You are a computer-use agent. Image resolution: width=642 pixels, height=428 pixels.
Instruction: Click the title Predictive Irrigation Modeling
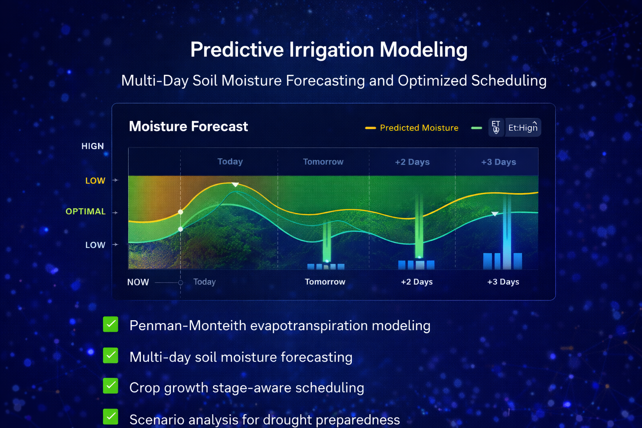point(329,50)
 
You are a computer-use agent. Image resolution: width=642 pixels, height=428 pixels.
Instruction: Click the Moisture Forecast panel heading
point(188,126)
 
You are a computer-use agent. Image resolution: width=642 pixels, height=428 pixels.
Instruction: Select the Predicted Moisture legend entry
point(418,128)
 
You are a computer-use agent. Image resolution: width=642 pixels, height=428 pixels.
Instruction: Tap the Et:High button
point(522,128)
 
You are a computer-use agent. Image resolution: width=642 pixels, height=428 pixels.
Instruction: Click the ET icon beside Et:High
point(496,127)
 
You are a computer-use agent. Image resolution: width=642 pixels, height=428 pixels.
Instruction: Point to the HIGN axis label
point(92,146)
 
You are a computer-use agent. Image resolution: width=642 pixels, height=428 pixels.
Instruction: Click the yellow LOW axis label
point(95,181)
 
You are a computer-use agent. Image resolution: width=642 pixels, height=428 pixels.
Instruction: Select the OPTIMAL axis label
point(85,211)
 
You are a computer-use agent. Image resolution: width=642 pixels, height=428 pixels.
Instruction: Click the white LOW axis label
point(95,245)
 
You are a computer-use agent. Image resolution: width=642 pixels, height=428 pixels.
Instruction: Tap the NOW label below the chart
point(138,282)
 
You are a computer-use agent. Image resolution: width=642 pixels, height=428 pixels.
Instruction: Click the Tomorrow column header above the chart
point(323,162)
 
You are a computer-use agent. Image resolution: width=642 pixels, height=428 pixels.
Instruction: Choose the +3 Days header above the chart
point(498,162)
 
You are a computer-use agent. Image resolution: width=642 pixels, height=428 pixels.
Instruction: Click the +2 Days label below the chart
point(416,282)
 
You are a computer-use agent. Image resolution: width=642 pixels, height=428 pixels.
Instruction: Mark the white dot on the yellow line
point(181,212)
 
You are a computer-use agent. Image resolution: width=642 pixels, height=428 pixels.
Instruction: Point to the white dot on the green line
point(181,229)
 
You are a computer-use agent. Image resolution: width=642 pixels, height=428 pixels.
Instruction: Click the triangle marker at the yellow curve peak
point(235,184)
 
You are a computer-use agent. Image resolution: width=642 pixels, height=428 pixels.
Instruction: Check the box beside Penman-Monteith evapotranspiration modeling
point(111,324)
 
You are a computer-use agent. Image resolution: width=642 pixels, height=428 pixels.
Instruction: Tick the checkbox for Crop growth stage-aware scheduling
point(111,386)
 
